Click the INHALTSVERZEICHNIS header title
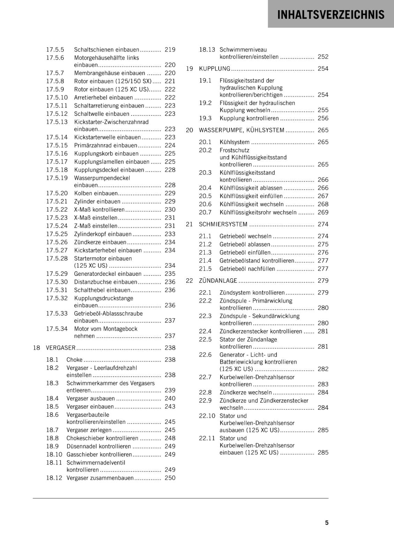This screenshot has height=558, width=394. tap(331, 15)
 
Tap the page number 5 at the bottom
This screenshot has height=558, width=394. tap(327, 522)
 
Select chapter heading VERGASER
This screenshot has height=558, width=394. tap(61, 348)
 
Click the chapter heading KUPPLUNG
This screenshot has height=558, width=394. tap(214, 69)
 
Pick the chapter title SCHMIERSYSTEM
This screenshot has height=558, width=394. tap(223, 224)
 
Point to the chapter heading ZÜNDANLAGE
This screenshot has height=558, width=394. tap(218, 281)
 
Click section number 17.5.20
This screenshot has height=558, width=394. tap(57, 193)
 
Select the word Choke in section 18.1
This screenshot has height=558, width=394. tap(75, 360)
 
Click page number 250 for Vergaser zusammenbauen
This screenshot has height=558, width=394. tap(170, 478)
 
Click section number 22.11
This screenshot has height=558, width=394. tap(207, 438)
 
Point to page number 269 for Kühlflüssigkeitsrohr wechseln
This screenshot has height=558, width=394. tap(323, 212)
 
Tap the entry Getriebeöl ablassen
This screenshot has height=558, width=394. tap(245, 244)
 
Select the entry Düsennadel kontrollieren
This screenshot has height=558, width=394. tap(99, 446)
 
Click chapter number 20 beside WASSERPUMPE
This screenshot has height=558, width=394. tap(189, 130)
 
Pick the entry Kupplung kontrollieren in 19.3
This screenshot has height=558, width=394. tap(249, 118)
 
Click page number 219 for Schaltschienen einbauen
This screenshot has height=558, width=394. tap(170, 50)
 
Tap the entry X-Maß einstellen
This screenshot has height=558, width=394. tap(96, 218)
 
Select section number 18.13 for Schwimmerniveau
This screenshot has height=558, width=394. tap(207, 50)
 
